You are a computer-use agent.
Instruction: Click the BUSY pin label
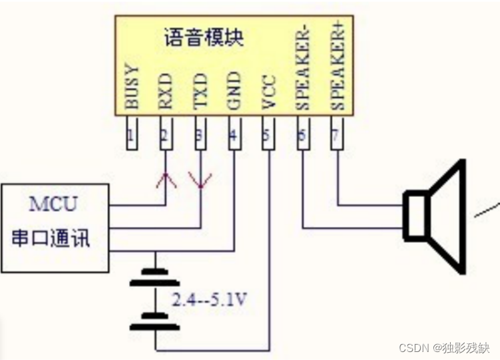pyautogui.click(x=132, y=87)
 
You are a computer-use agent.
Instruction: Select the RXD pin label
pyautogui.click(x=166, y=91)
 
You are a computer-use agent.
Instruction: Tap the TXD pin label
pyautogui.click(x=200, y=91)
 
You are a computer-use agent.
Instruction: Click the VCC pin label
pyautogui.click(x=269, y=92)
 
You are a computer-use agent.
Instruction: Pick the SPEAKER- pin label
pyautogui.click(x=303, y=69)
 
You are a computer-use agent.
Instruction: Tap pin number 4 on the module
pyautogui.click(x=234, y=136)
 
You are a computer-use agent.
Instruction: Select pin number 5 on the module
pyautogui.click(x=266, y=135)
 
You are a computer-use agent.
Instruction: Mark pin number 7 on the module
pyautogui.click(x=336, y=135)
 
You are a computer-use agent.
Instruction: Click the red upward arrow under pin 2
pyautogui.click(x=166, y=180)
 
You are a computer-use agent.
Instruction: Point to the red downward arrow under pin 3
pyautogui.click(x=200, y=180)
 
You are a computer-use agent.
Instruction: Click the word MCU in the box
pyautogui.click(x=53, y=204)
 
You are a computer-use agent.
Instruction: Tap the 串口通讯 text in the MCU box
pyautogui.click(x=51, y=238)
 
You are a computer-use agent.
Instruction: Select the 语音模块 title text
pyautogui.click(x=204, y=37)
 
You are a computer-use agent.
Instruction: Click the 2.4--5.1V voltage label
pyautogui.click(x=210, y=299)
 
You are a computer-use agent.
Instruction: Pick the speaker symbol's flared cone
pyautogui.click(x=447, y=217)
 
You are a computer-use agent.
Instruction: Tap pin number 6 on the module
pyautogui.click(x=302, y=135)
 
